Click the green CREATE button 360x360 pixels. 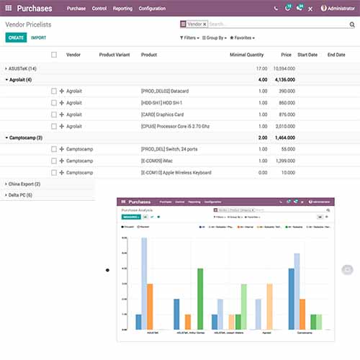tap(16, 37)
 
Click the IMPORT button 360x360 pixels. tap(38, 37)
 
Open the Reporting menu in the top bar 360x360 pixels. tap(122, 8)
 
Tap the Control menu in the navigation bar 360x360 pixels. tap(99, 8)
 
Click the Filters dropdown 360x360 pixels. tap(189, 37)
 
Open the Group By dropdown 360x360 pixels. tap(215, 37)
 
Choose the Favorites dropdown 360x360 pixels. tap(242, 37)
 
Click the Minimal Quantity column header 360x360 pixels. tap(246, 55)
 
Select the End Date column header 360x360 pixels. tap(336, 55)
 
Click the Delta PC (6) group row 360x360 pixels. tap(22, 195)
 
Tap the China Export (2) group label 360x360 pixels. tap(25, 184)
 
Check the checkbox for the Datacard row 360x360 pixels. tap(54, 91)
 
